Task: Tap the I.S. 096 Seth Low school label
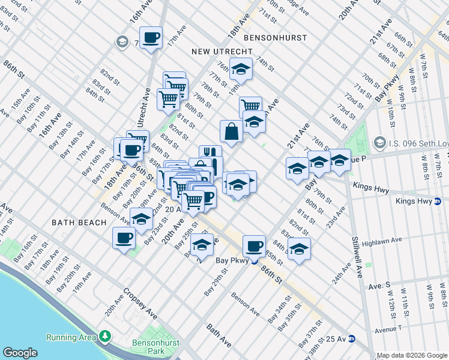click(x=415, y=143)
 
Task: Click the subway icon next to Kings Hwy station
click(x=438, y=201)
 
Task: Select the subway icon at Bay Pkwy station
click(x=254, y=260)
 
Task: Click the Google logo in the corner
click(x=20, y=353)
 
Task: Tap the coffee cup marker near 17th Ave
click(x=151, y=38)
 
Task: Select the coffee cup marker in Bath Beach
click(x=124, y=238)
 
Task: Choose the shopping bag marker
click(x=231, y=131)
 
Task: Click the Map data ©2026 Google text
click(x=411, y=355)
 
